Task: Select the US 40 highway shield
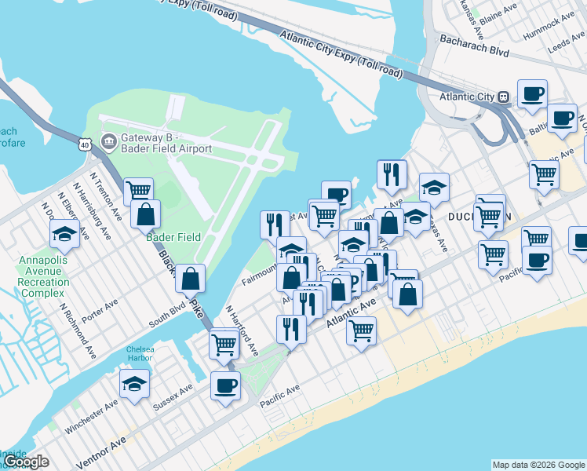coord(86,144)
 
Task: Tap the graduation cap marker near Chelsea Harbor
coord(135,383)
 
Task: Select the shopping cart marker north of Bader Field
coord(138,190)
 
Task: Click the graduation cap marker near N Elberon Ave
coord(64,233)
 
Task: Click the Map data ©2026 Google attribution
coord(538,465)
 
